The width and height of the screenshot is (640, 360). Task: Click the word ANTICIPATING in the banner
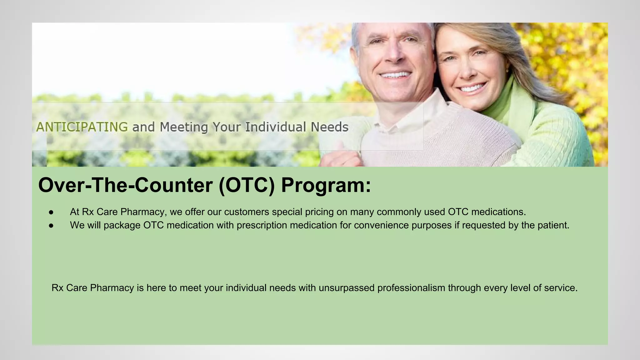(82, 127)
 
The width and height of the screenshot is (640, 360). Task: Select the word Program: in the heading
(326, 185)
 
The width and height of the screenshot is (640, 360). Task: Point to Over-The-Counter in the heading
(125, 185)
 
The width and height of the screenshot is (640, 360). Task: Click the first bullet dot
(51, 212)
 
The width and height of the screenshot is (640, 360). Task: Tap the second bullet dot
(51, 225)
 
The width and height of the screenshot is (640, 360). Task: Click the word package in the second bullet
(122, 225)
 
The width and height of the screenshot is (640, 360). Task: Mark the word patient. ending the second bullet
(553, 225)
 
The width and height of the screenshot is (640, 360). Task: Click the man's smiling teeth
(395, 75)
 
